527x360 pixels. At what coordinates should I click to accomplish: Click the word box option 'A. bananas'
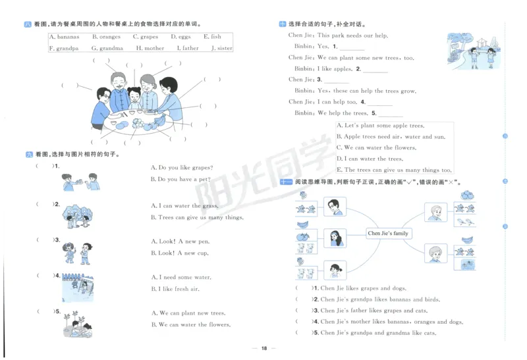coord(64,38)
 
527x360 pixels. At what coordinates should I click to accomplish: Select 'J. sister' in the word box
coord(221,48)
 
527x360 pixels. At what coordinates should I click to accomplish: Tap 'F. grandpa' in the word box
coord(64,48)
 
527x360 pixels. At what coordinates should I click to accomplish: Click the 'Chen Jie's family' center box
coord(388,233)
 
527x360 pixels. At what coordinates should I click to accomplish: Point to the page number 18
coord(263,348)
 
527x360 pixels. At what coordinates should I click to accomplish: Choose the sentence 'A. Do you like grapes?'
coord(181,168)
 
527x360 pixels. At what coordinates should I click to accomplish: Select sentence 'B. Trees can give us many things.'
coord(197,217)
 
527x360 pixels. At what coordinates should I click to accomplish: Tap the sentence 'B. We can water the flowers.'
coord(190,324)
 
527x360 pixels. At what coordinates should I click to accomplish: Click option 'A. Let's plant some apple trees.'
coord(380,126)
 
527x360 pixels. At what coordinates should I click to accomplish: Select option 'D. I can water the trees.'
coord(370,159)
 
